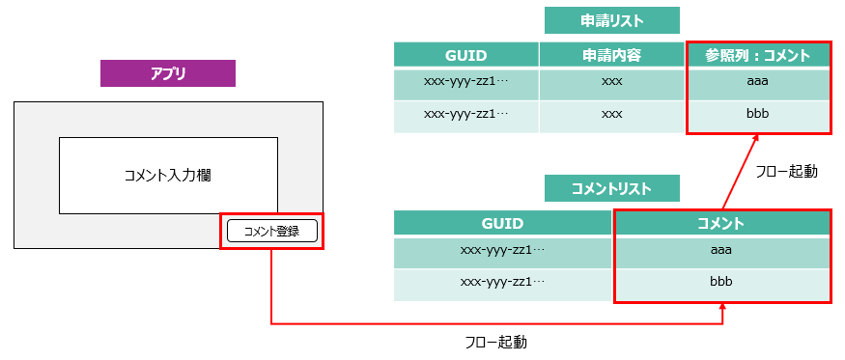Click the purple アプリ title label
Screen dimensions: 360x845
[168, 73]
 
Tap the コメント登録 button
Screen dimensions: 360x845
[271, 231]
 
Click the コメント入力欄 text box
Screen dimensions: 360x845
[168, 175]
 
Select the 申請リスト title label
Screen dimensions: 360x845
[611, 20]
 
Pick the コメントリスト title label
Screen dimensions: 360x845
[611, 188]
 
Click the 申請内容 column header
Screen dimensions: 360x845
[611, 55]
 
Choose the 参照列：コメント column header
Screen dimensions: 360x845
[757, 55]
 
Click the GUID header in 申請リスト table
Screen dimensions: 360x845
[465, 55]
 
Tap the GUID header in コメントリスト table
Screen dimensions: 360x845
[502, 223]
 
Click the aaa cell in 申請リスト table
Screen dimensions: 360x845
[757, 82]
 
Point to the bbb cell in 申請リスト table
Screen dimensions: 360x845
[757, 115]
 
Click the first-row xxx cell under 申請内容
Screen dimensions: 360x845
[611, 82]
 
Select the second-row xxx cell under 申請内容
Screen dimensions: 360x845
[611, 115]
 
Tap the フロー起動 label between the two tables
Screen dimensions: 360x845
[786, 171]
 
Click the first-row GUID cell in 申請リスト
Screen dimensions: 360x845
[465, 82]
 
